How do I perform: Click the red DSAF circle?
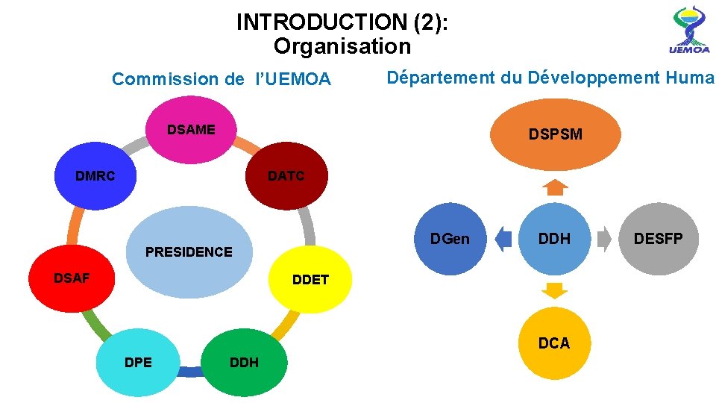coord(71,279)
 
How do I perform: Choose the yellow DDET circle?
coord(310,279)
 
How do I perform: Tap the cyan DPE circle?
coord(139,363)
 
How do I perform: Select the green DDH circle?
coord(245,363)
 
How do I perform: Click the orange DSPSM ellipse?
coord(556,134)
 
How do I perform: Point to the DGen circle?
coord(450,239)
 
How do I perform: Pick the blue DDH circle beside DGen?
coord(554,239)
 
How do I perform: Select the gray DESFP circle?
coord(658,239)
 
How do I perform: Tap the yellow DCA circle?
coord(554,343)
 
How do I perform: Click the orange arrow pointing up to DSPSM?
coord(554,187)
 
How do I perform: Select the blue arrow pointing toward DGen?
coord(503,239)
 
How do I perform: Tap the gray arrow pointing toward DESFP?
coord(606,239)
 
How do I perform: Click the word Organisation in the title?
coord(342,46)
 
